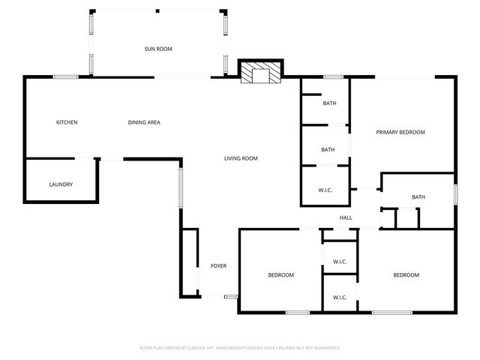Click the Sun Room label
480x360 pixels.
tap(158, 49)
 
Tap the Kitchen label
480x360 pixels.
tap(67, 122)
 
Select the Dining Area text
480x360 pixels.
tap(143, 122)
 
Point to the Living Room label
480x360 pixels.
tap(241, 158)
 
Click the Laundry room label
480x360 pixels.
tap(61, 184)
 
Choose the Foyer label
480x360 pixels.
tap(218, 266)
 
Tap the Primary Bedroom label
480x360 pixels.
tap(400, 132)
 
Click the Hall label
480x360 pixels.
tap(346, 218)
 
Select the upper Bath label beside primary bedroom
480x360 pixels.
tap(329, 103)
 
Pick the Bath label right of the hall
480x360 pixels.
tap(418, 197)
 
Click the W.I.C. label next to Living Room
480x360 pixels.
tap(325, 190)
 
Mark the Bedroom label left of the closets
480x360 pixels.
tap(281, 275)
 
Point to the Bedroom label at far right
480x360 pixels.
tap(406, 275)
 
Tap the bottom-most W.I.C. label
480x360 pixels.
tap(339, 297)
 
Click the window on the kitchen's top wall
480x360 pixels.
tap(66, 76)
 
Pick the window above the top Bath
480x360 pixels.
tap(334, 76)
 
